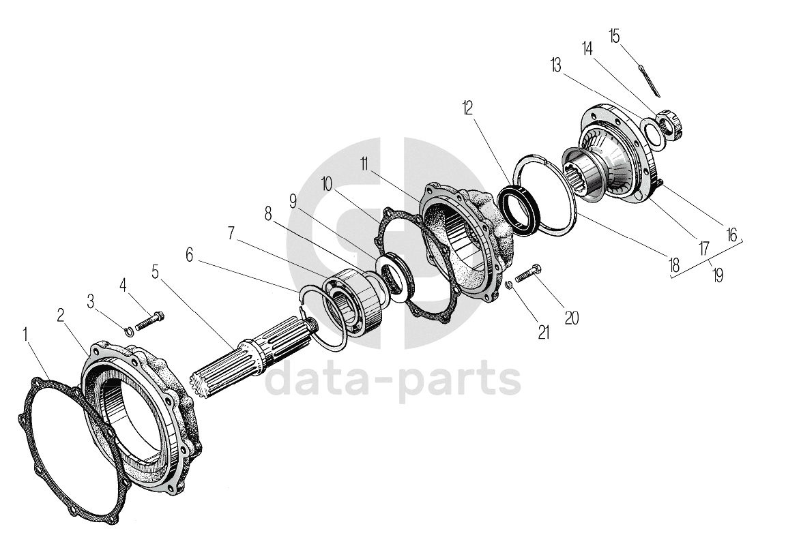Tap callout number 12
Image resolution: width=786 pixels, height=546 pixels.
pos(467,108)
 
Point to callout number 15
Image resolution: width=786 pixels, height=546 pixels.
pos(615,35)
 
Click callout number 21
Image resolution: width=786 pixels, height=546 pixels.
pos(544,332)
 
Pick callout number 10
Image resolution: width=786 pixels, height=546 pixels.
pos(327,184)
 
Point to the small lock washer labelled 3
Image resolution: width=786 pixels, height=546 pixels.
pos(128,331)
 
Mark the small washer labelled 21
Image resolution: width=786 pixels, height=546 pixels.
pos(509,286)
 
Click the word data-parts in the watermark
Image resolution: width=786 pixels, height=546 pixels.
pos(392,382)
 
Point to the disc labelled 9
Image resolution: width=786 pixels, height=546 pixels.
pos(395,276)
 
